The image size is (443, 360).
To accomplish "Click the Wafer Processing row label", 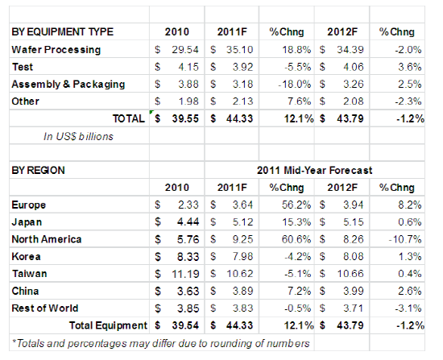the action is pyautogui.click(x=56, y=50).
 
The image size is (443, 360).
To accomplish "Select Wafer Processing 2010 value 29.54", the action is pyautogui.click(x=185, y=50).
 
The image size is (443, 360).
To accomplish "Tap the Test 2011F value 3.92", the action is pyautogui.click(x=242, y=67).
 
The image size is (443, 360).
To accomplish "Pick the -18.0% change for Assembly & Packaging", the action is pyautogui.click(x=294, y=85).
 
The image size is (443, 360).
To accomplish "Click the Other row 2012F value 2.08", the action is pyautogui.click(x=353, y=101).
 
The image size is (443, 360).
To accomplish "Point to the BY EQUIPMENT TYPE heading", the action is pyautogui.click(x=63, y=31).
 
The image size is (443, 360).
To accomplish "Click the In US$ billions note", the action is pyautogui.click(x=78, y=136).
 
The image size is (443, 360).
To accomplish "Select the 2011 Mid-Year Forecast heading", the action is pyautogui.click(x=314, y=171).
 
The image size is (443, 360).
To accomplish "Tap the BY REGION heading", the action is pyautogui.click(x=38, y=171).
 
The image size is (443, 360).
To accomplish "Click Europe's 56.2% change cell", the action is pyautogui.click(x=296, y=205).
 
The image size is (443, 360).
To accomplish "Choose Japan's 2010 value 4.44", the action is pyautogui.click(x=188, y=221).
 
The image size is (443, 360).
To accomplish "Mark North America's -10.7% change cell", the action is pyautogui.click(x=405, y=239).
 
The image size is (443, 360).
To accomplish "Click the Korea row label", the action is pyautogui.click(x=26, y=257).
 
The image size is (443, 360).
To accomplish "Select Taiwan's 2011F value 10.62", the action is pyautogui.click(x=239, y=274).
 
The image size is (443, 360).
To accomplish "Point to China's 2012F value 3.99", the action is pyautogui.click(x=353, y=291).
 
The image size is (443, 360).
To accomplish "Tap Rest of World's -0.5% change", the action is pyautogui.click(x=297, y=308).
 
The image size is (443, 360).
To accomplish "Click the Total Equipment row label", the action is pyautogui.click(x=108, y=325).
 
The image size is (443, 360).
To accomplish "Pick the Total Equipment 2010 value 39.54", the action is pyautogui.click(x=185, y=325).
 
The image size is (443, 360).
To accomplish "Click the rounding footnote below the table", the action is pyautogui.click(x=161, y=343).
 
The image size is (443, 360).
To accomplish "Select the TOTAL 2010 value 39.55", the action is pyautogui.click(x=185, y=118).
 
